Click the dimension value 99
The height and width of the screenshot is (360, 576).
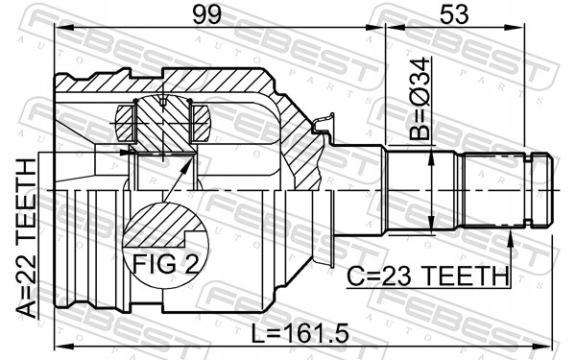[x=207, y=15]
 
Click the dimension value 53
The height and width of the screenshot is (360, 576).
[x=454, y=15]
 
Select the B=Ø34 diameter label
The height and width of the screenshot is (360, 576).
[x=420, y=99]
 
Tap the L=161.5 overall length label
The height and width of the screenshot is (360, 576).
[x=300, y=333]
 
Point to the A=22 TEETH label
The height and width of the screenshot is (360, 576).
[x=27, y=238]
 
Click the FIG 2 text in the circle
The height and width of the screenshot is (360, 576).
[x=165, y=264]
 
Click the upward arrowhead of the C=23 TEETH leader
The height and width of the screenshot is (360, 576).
[x=511, y=236]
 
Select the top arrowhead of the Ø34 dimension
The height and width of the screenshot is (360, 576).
[x=432, y=158]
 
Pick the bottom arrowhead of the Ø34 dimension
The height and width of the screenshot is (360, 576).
[x=432, y=225]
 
